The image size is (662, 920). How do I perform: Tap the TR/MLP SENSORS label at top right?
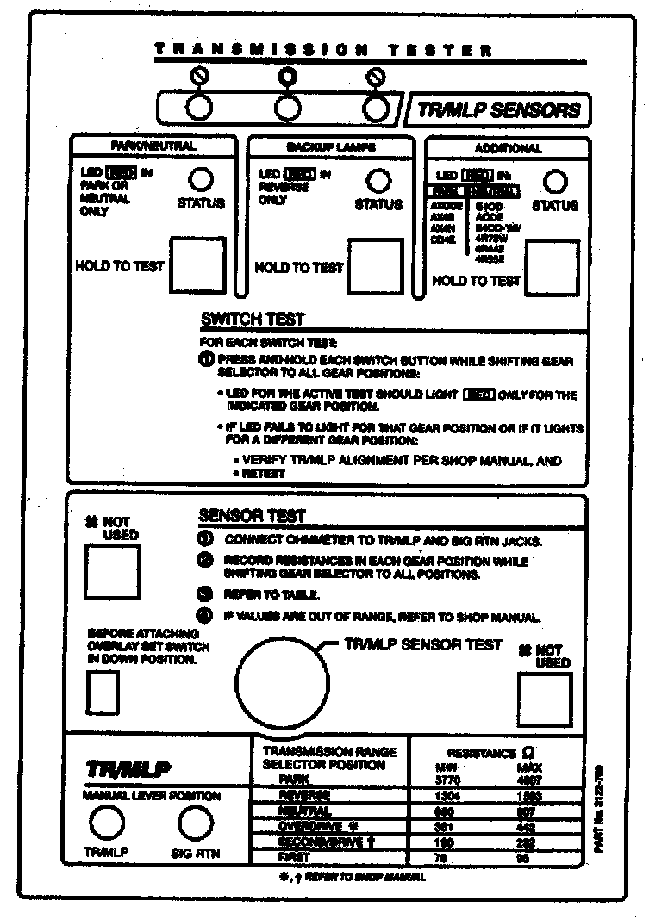coord(498,110)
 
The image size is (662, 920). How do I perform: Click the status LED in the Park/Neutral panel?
coord(200,179)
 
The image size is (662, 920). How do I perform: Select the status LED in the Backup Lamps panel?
coord(378,180)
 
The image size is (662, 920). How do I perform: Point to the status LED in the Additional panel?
coord(557,180)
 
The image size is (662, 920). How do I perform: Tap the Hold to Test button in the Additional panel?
coord(553,268)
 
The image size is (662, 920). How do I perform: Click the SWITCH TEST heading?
coord(252,320)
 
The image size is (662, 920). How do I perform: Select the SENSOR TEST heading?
coord(252,516)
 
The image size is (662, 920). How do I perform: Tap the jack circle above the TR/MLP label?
coord(108,824)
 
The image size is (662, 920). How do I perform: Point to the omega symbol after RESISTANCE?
coord(530,752)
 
